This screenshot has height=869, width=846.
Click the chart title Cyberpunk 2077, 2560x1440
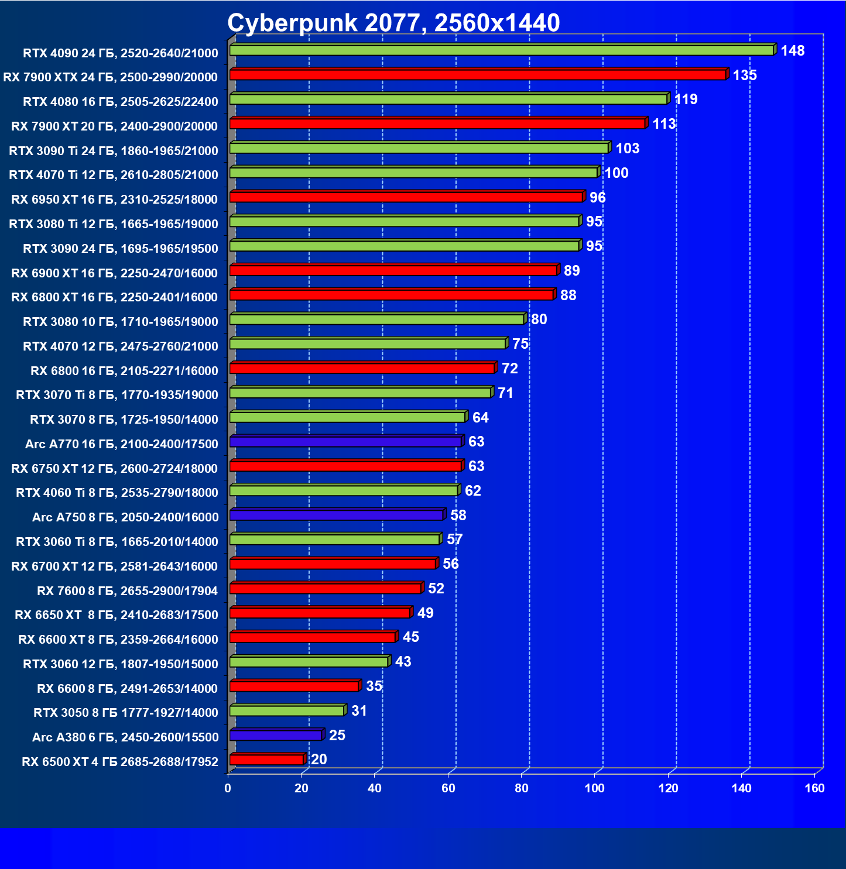(393, 23)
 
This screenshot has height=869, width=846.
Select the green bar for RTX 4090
(502, 50)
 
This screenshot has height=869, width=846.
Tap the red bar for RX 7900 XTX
(478, 75)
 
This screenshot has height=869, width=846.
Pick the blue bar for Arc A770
(345, 442)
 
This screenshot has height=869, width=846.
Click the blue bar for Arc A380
(276, 735)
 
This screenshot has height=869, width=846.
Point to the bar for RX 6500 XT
(266, 760)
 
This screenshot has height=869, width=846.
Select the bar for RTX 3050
(287, 710)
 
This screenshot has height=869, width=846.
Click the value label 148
(793, 51)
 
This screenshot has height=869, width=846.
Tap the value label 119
(686, 99)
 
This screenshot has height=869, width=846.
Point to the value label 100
(616, 173)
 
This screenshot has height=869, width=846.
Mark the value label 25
(337, 736)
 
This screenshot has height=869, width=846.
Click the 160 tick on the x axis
(814, 788)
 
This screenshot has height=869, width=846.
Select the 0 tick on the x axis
(228, 788)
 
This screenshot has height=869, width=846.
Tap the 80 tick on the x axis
(521, 788)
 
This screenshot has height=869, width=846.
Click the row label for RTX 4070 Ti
(114, 175)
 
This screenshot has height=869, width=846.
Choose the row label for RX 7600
(127, 591)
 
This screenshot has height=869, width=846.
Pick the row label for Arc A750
(125, 517)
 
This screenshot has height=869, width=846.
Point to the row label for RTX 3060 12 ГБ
(121, 664)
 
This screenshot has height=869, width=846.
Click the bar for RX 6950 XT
(406, 197)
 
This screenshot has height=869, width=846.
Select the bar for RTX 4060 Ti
(344, 490)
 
